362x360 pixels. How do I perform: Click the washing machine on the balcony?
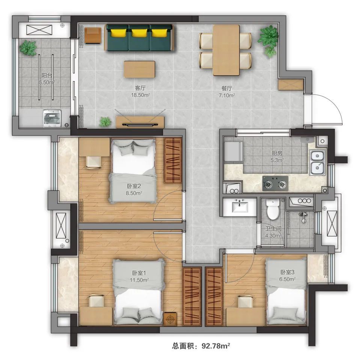52,118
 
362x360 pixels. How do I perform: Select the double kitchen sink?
318,163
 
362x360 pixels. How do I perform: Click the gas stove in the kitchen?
275,184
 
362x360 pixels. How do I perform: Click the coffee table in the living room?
139,69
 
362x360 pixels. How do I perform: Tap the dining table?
226,50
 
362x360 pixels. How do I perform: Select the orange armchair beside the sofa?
93,36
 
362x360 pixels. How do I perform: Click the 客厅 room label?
140,88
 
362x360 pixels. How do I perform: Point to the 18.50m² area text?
140,95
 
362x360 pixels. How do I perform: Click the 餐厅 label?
227,88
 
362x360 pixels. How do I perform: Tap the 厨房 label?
277,153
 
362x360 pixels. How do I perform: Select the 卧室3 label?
287,272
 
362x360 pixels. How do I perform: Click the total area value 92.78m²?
216,346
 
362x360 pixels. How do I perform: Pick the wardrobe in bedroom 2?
173,160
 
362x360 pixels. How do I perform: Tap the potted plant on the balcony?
28,48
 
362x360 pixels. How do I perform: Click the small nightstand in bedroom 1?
170,319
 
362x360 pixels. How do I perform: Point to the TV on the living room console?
140,125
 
